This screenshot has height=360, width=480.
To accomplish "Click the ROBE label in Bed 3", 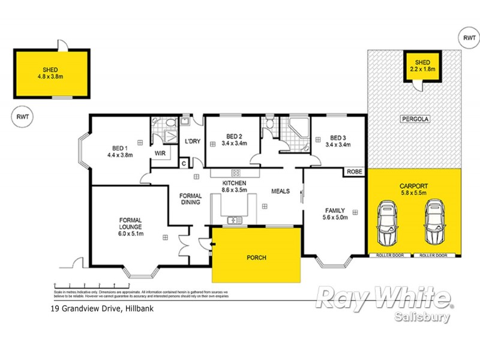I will click(353, 172).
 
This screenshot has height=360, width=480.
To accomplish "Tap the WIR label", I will click(160, 153).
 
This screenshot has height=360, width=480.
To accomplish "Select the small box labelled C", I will click(184, 163).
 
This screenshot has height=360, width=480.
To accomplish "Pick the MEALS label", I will click(280, 191).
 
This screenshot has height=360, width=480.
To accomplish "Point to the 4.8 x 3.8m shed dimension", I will click(50, 77).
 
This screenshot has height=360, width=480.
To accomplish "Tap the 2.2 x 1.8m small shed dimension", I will click(423, 69).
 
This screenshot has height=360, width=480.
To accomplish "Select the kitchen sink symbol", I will click(235, 220).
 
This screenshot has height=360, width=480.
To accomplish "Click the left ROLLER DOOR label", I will click(391, 256).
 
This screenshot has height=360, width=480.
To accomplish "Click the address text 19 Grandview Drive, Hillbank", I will click(96, 310).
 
